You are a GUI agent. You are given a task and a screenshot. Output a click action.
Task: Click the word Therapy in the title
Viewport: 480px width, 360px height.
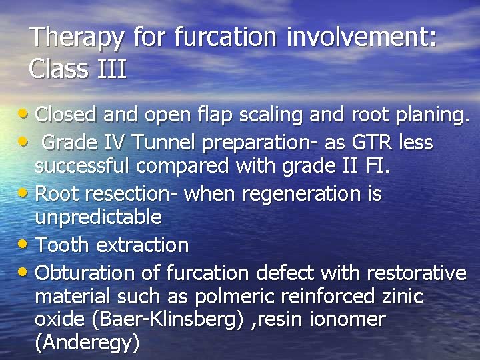[x=77, y=37]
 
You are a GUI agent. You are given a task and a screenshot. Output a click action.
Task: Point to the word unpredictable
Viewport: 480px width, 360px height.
[x=98, y=217]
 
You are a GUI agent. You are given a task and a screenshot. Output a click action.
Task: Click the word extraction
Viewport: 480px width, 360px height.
[x=142, y=245]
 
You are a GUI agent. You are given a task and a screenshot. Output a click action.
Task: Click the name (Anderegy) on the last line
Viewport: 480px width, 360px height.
[x=87, y=343]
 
